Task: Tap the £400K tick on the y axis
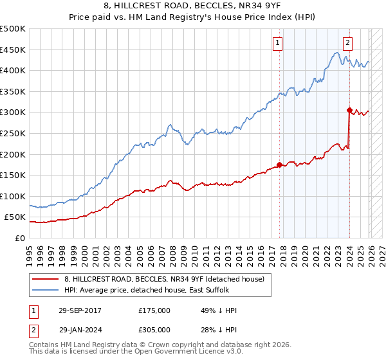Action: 13,70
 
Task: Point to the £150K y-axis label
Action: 13,175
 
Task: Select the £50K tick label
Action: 15,217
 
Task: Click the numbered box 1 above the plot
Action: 278,43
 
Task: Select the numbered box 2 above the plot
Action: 347,43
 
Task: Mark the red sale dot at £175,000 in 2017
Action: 279,165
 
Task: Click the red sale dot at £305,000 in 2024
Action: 349,110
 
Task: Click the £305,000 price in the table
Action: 154,329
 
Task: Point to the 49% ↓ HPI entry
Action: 219,310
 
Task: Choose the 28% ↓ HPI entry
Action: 219,329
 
